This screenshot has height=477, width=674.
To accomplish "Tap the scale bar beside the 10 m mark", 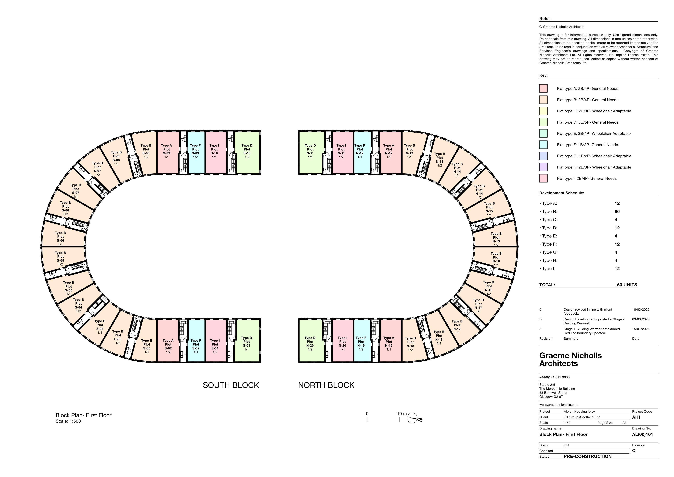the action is click(x=383, y=419).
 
